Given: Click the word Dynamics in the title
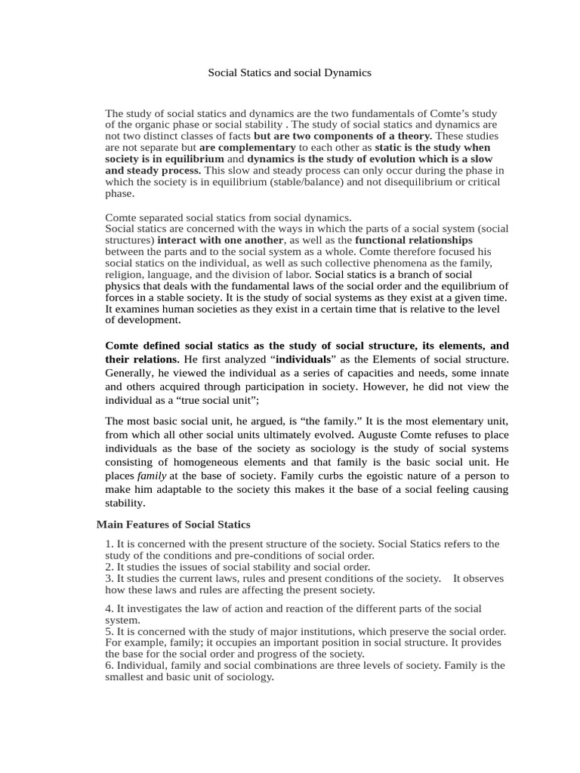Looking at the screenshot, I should point(346,73).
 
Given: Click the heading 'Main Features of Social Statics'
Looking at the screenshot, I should point(174,524).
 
